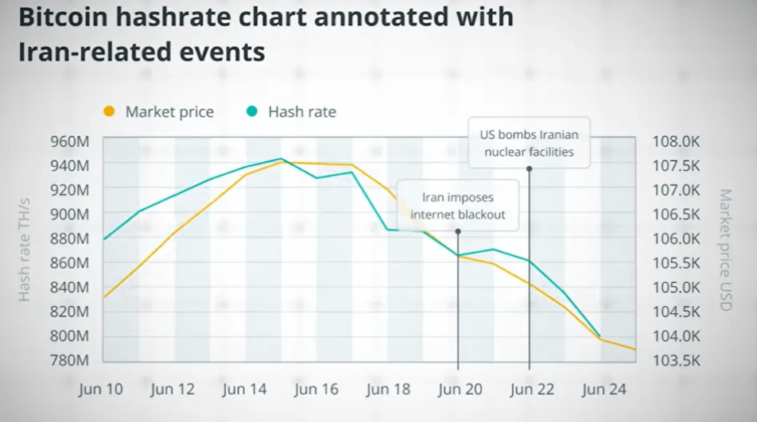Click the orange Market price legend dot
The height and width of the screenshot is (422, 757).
click(x=110, y=111)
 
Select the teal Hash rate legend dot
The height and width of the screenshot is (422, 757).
click(x=252, y=111)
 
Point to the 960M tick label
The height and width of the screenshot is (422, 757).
click(x=70, y=141)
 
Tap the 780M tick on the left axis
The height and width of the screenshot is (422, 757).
click(x=70, y=360)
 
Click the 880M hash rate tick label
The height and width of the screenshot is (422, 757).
click(x=70, y=238)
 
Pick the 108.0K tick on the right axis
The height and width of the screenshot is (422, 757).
click(x=676, y=141)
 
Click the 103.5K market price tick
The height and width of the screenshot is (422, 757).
click(x=676, y=360)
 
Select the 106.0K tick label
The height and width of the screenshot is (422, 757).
click(x=676, y=238)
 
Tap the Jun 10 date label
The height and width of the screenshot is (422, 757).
click(x=101, y=389)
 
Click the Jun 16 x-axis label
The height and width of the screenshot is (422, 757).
click(x=316, y=389)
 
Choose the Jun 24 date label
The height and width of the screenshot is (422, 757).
click(x=604, y=389)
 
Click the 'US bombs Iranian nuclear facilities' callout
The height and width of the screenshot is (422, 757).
click(x=529, y=142)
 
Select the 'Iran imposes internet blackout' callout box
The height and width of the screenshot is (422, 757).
click(x=457, y=205)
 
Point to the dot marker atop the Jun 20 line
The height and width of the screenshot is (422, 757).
click(x=458, y=231)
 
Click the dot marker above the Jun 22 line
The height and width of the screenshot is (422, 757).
click(x=529, y=168)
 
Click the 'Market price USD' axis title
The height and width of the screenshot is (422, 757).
click(x=724, y=250)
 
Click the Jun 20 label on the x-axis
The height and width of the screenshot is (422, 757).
click(x=460, y=389)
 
